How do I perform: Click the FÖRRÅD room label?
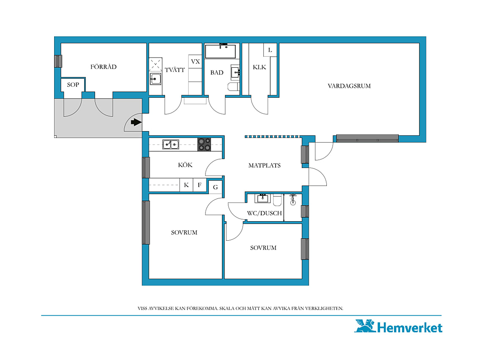pos(103,67)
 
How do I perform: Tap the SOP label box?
pos(73,85)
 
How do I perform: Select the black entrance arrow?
pos(136,122)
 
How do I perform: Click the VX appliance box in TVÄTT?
pos(195,61)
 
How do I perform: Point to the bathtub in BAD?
pos(220,51)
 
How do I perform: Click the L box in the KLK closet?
pos(270,50)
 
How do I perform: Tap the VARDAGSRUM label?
pos(349,86)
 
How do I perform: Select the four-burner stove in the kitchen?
pos(204,144)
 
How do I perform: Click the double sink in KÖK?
pos(171,144)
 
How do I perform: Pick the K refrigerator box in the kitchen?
pos(186,185)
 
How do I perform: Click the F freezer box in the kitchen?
pos(200,185)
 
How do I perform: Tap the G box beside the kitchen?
pos(215,187)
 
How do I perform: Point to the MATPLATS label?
pos(264,165)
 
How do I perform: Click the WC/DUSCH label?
pos(264,213)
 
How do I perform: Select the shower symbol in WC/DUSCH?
pos(293,199)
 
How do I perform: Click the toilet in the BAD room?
pos(234,86)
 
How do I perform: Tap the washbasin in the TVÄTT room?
pos(156,79)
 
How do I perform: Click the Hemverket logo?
pos(398,326)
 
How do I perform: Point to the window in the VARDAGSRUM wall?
pos(367,138)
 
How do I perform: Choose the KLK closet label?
pos(259,67)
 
